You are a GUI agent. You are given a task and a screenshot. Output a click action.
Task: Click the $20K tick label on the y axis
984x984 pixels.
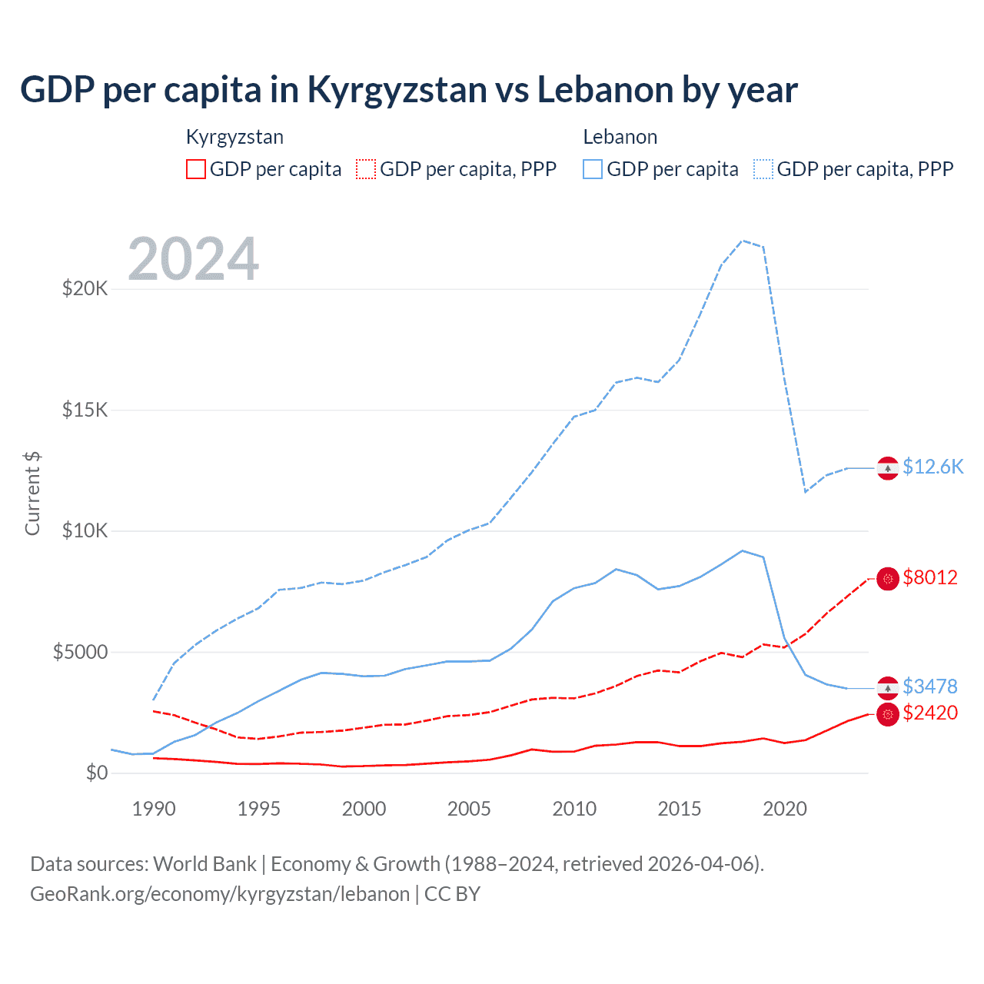tap(85, 289)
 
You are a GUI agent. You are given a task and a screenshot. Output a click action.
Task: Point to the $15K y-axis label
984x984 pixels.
tap(85, 410)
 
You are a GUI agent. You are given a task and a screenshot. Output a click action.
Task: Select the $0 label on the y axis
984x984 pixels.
tap(97, 773)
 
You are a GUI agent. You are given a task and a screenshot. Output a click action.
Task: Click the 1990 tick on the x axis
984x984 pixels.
tap(154, 809)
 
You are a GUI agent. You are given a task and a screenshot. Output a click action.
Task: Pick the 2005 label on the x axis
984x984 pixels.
tap(469, 809)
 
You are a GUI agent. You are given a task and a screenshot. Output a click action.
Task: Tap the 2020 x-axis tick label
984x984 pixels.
tap(785, 809)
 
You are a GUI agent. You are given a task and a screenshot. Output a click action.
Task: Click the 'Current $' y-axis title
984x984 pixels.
tap(32, 494)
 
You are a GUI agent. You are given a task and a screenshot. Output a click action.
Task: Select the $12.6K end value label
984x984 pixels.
tap(932, 467)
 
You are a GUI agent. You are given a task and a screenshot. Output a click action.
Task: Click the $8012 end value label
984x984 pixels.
tap(930, 577)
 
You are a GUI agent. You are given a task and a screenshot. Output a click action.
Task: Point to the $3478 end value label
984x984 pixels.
tap(930, 686)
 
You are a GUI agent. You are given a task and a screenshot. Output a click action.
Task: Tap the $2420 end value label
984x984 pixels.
tap(930, 713)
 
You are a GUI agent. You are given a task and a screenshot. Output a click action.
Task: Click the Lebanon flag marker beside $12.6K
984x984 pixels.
tap(888, 467)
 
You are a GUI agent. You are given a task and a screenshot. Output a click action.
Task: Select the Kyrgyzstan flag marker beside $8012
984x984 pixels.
tap(888, 578)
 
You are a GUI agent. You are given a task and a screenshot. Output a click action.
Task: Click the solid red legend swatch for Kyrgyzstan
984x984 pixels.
tap(196, 169)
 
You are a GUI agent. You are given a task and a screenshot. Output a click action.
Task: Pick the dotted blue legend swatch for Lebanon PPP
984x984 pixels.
tap(763, 169)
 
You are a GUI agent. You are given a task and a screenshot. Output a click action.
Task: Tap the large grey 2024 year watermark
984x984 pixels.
tap(193, 259)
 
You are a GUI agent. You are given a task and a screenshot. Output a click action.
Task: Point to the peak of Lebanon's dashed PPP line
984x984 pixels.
tap(743, 241)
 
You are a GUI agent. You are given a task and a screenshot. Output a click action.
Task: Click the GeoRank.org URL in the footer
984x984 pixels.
tap(220, 894)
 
